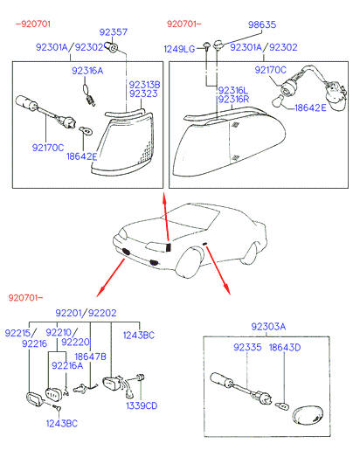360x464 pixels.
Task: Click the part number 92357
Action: click(114, 31)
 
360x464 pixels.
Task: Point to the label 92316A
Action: click(87, 69)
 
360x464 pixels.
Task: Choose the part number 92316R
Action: click(232, 100)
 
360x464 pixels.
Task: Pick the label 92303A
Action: click(269, 326)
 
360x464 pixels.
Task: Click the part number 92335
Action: click(248, 347)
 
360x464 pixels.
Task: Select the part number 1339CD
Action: click(141, 405)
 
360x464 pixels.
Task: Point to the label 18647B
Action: click(90, 357)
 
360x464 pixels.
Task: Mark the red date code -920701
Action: click(31, 24)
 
